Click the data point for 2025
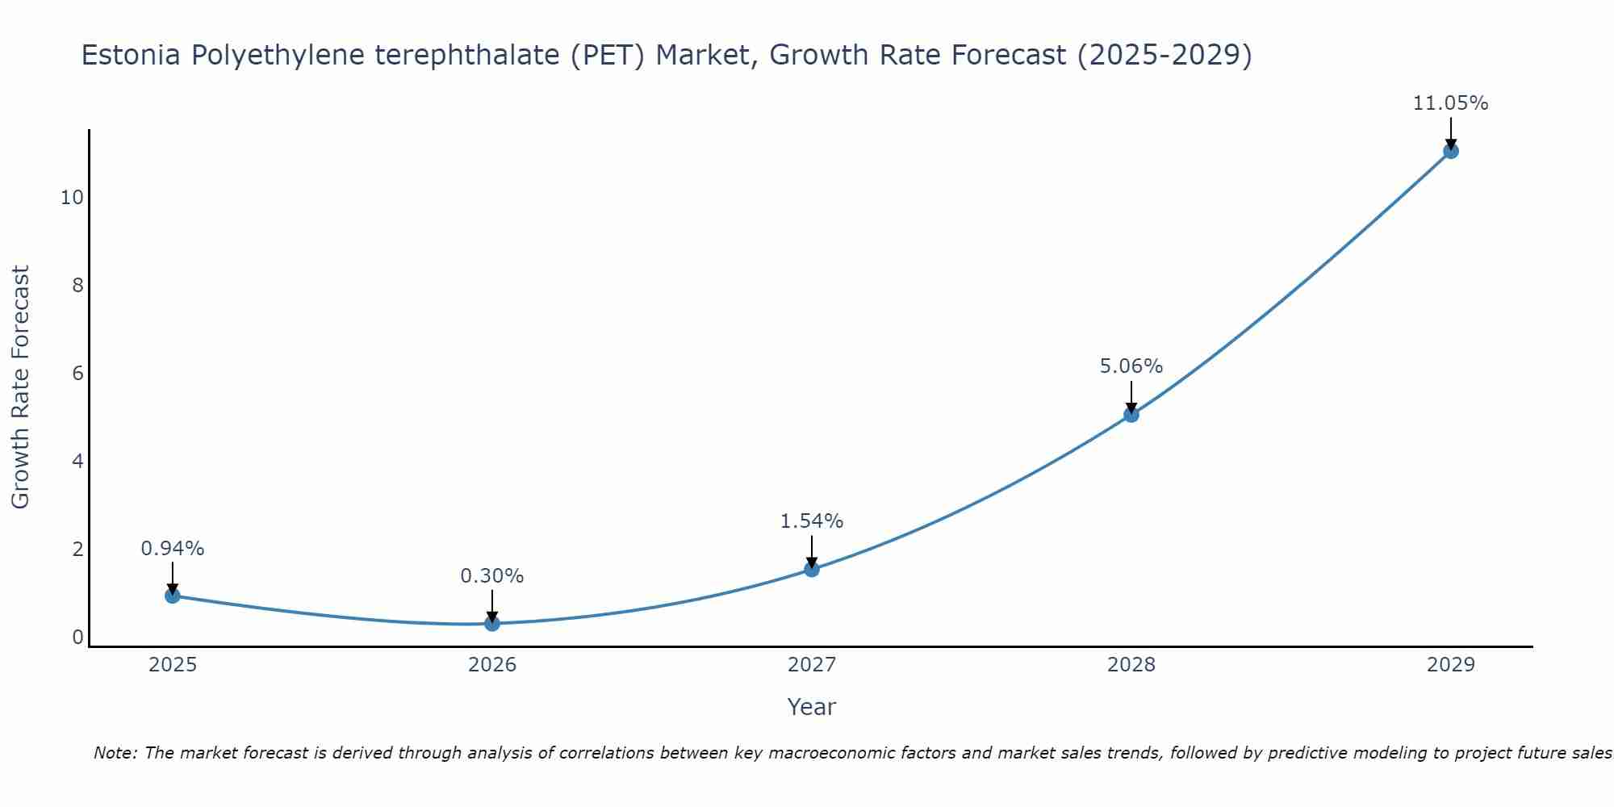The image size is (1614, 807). pos(173,596)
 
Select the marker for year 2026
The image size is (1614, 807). pos(492,623)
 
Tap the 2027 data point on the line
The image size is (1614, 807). pos(812,569)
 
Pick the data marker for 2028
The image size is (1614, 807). pos(1131,415)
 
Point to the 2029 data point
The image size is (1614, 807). pos(1450,151)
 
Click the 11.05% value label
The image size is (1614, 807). pos(1450,103)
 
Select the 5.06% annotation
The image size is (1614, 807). pos(1131,366)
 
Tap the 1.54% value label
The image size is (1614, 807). pos(812,521)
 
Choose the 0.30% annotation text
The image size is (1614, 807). pos(492,576)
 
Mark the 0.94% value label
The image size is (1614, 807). pos(173,549)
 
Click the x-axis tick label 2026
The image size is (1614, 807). pos(492,665)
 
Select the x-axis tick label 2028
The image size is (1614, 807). pos(1131,665)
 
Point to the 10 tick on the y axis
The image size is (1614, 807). pos(72,198)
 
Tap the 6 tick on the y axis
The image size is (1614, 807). pos(77,374)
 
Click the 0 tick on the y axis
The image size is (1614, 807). pos(77,638)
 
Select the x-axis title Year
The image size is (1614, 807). pos(812,707)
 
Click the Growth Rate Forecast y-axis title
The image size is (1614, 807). pos(21,387)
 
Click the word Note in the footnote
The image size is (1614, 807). pos(115,754)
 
